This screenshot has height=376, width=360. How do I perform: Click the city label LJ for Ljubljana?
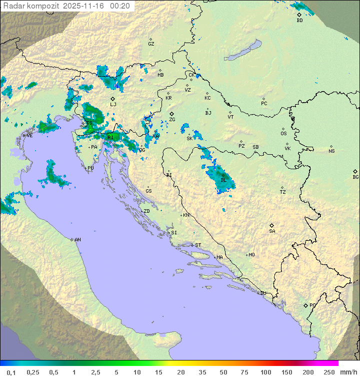[x=113, y=105]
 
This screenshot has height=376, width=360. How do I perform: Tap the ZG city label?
[x=172, y=120]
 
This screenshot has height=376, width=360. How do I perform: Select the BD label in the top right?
[x=299, y=21]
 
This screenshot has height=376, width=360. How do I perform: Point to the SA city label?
[x=272, y=231]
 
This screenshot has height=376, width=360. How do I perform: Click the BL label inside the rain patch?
[x=223, y=180]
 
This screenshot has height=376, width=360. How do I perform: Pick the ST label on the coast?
[x=198, y=245]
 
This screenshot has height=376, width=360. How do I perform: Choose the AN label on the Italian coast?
[x=77, y=240]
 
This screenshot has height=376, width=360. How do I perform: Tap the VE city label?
[x=29, y=136]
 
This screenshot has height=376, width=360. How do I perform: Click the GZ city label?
[x=151, y=44]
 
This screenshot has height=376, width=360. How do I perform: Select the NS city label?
[x=331, y=151]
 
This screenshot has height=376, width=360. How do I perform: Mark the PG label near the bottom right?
[x=312, y=305]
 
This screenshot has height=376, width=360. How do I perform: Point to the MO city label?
[x=251, y=255]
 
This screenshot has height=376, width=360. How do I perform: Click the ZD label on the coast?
[x=146, y=211]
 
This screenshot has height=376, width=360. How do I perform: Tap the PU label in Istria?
[x=90, y=168]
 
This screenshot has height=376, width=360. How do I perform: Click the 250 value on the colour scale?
[x=329, y=372]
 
